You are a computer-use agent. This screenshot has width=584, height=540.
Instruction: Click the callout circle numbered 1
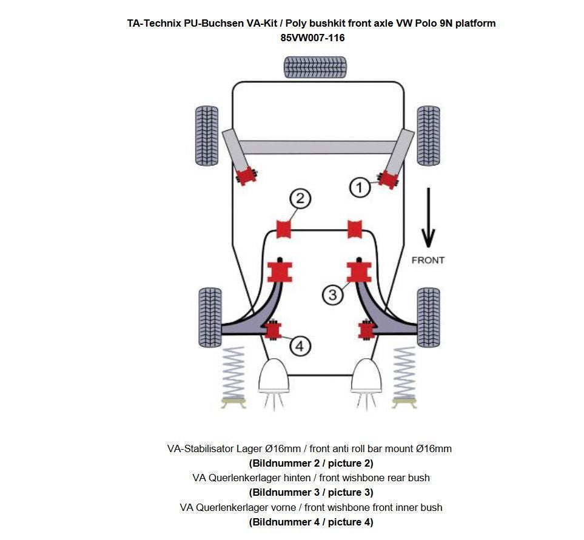[360, 187]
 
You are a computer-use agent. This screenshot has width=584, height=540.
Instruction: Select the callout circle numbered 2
[300, 199]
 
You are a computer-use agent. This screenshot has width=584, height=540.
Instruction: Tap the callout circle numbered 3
[332, 295]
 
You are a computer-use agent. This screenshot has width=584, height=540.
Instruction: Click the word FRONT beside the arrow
[428, 260]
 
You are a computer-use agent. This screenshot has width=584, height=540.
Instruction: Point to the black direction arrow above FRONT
[428, 218]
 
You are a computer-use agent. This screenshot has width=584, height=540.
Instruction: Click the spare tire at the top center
[315, 67]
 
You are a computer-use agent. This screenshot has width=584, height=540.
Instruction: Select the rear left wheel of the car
[206, 136]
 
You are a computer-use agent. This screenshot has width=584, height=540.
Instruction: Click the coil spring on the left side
[233, 375]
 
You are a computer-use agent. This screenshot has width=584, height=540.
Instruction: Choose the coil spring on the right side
[404, 375]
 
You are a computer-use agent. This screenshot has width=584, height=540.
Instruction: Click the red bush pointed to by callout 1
[388, 178]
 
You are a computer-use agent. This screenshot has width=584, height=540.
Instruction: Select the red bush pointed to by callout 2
[284, 230]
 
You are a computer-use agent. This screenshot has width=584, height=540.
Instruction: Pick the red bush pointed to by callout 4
[273, 330]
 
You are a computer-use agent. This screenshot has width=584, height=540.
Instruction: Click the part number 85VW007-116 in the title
[312, 38]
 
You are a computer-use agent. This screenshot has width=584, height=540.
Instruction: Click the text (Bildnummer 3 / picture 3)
[311, 492]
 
